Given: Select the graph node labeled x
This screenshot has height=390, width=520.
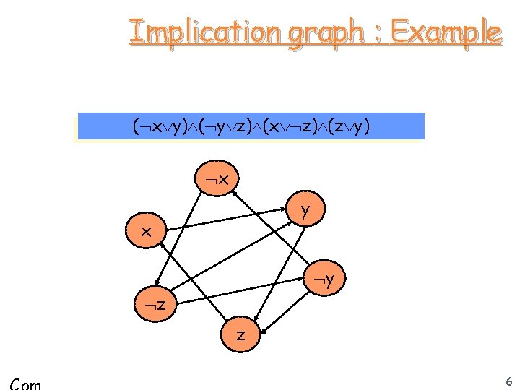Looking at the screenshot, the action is click(x=147, y=232).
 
